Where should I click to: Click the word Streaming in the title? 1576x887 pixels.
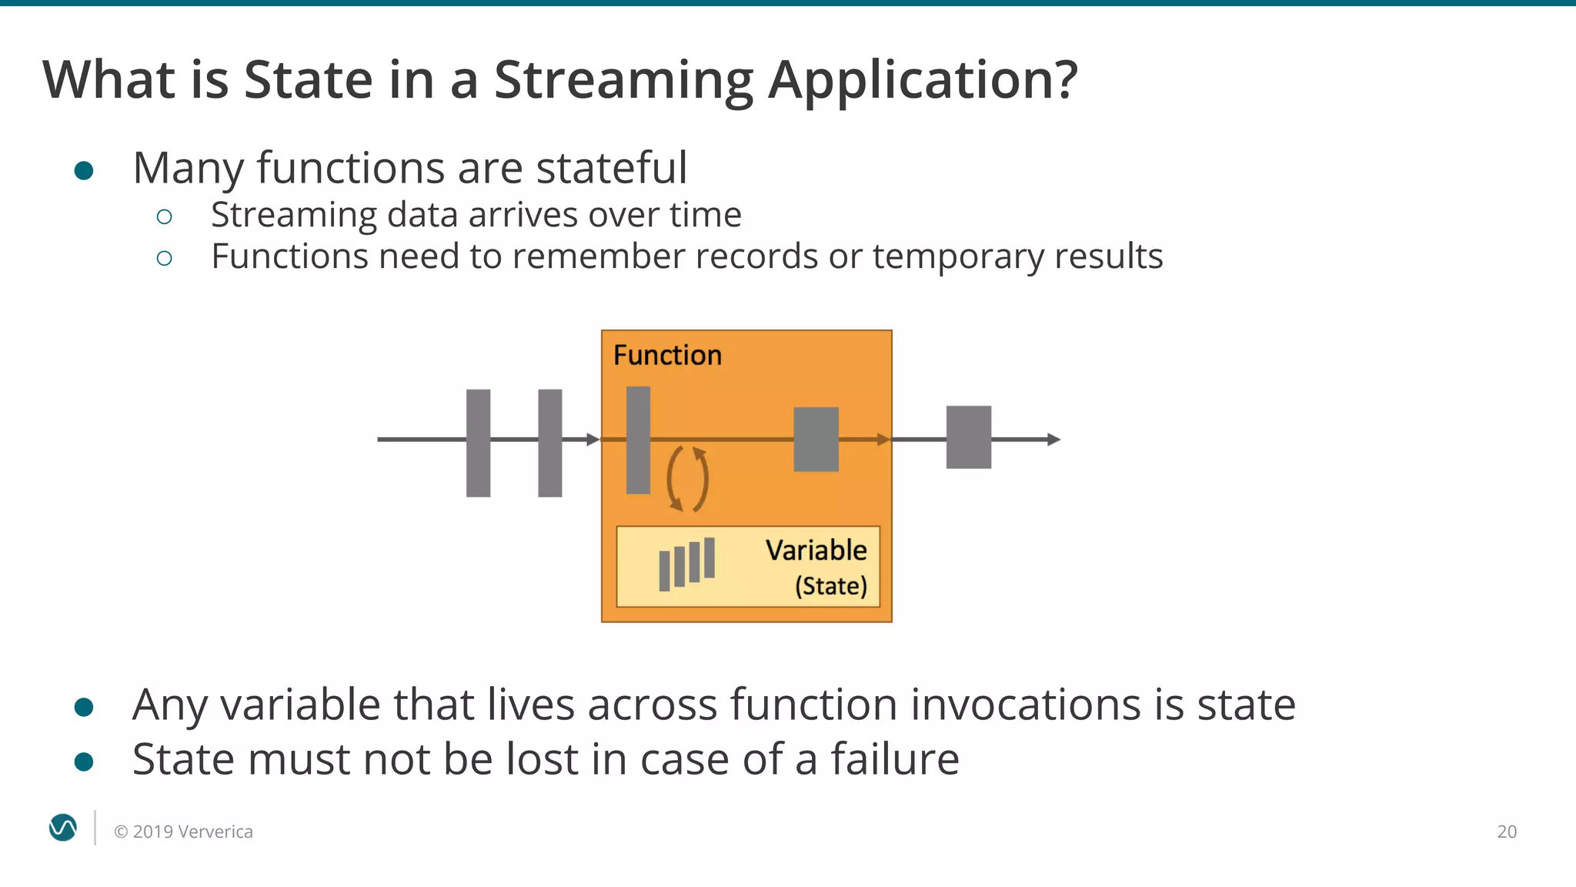click(x=623, y=80)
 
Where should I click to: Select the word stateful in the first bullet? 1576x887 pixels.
click(x=611, y=168)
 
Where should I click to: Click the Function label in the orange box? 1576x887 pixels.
click(x=667, y=355)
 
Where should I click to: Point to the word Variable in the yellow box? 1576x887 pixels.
click(x=816, y=551)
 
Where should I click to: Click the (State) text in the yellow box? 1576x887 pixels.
click(x=831, y=586)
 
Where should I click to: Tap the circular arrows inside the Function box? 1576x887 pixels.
click(x=687, y=479)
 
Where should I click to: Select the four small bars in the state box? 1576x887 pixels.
click(x=686, y=564)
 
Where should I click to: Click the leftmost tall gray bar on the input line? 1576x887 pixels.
click(x=478, y=443)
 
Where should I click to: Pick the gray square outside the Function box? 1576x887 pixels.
click(x=968, y=437)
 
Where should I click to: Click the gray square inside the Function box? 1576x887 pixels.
click(x=816, y=439)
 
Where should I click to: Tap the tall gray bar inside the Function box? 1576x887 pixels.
click(x=638, y=440)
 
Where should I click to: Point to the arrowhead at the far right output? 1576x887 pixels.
click(x=1054, y=440)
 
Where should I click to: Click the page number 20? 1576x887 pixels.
click(x=1506, y=832)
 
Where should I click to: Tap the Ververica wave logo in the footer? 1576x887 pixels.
click(x=63, y=828)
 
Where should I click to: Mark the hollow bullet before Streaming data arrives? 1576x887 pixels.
click(x=164, y=217)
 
